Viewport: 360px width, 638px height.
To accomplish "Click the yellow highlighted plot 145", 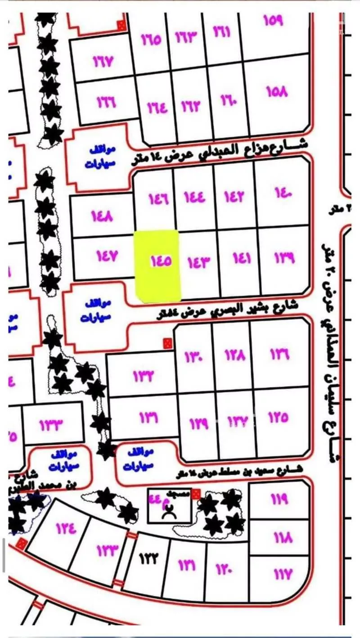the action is pos(158,265).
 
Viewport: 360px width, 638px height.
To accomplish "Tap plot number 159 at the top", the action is pos(273,21).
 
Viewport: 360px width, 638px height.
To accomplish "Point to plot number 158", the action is pos(276,92).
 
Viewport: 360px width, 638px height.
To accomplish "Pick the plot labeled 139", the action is pos(284,258).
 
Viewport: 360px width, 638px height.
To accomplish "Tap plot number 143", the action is pos(198,261).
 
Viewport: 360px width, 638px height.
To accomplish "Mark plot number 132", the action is pos(144,374).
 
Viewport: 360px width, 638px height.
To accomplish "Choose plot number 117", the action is pos(282,573).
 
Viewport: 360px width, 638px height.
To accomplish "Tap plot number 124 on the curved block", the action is pos(66,527).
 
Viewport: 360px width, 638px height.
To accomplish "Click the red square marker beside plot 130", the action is pos(167,344).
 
